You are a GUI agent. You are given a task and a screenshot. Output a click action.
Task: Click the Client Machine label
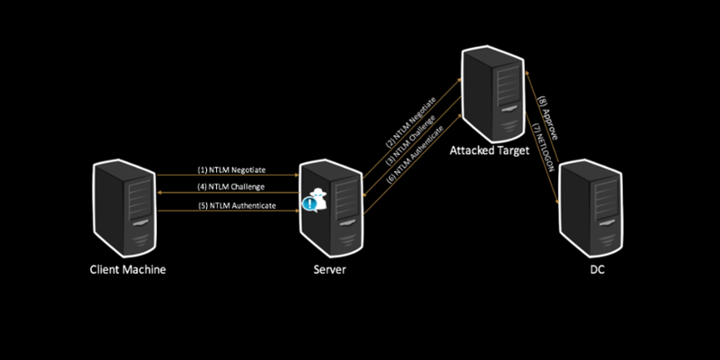pyautogui.click(x=127, y=269)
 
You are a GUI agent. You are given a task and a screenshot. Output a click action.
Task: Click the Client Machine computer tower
pyautogui.click(x=127, y=208)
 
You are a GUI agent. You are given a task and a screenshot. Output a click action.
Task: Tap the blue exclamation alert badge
pyautogui.click(x=310, y=204)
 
